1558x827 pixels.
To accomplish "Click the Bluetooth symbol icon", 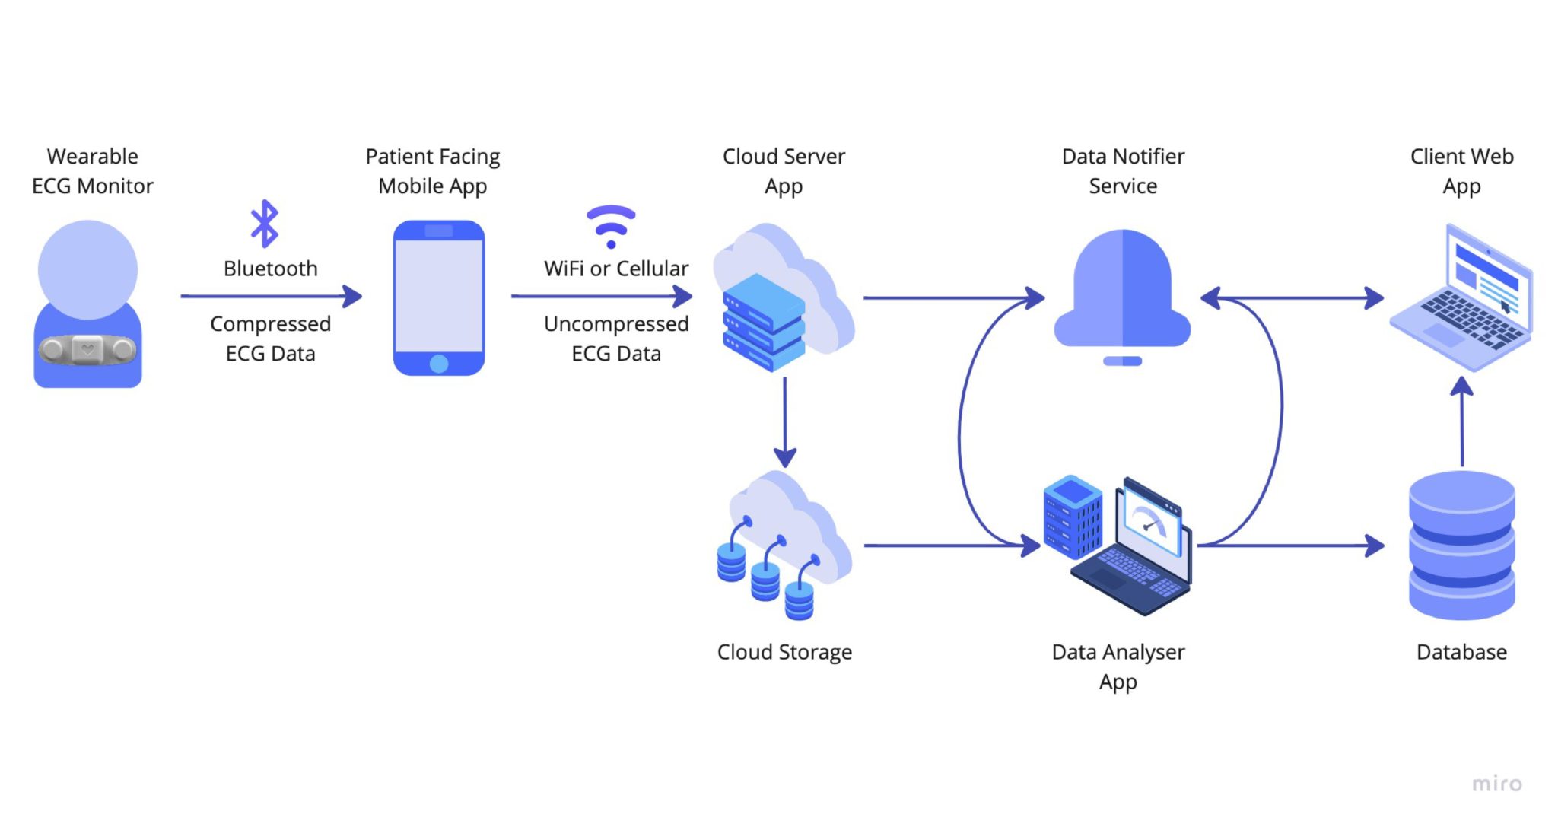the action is (265, 224).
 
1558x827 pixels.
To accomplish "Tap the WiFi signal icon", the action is (611, 226).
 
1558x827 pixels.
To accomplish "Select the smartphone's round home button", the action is (439, 364).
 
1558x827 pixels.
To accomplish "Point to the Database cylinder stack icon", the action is (1461, 545).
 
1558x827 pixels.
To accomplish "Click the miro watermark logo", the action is (1496, 783).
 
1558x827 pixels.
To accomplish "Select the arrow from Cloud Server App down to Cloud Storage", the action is (784, 422).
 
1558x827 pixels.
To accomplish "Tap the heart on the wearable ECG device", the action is (87, 350).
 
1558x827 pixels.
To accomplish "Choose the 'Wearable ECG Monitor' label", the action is (93, 171).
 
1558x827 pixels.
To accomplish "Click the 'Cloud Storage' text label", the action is (784, 652).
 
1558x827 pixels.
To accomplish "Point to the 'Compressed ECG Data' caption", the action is (270, 339).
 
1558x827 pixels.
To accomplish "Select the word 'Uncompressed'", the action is (616, 324).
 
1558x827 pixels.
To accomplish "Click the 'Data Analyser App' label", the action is (1118, 666).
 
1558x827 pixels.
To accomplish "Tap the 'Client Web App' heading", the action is (1461, 171).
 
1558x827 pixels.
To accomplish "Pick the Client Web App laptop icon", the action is (1461, 297).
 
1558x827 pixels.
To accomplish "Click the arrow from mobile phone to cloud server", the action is (602, 296).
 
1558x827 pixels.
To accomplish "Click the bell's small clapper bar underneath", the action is (1122, 361).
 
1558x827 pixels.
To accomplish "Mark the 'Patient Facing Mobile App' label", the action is (433, 171).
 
